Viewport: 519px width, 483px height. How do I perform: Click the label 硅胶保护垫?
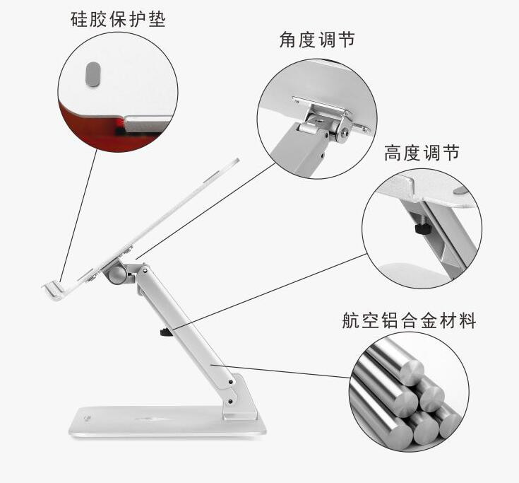point(118,19)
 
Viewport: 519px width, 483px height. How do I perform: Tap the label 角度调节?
point(318,40)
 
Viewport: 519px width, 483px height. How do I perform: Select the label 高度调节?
point(422,153)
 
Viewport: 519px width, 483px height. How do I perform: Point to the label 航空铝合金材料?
point(409,320)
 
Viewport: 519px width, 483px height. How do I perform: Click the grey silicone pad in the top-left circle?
point(93,74)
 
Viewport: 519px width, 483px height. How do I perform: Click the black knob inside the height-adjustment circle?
point(422,228)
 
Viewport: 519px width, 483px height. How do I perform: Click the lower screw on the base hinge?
point(230,402)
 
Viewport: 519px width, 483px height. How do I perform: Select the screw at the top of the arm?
point(145,271)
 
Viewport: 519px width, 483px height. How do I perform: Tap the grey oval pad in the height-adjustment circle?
point(460,191)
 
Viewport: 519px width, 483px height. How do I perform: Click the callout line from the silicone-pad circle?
point(79,214)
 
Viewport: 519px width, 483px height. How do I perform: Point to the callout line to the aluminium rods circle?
point(281,371)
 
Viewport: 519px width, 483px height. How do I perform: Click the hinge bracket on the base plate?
point(241,397)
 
